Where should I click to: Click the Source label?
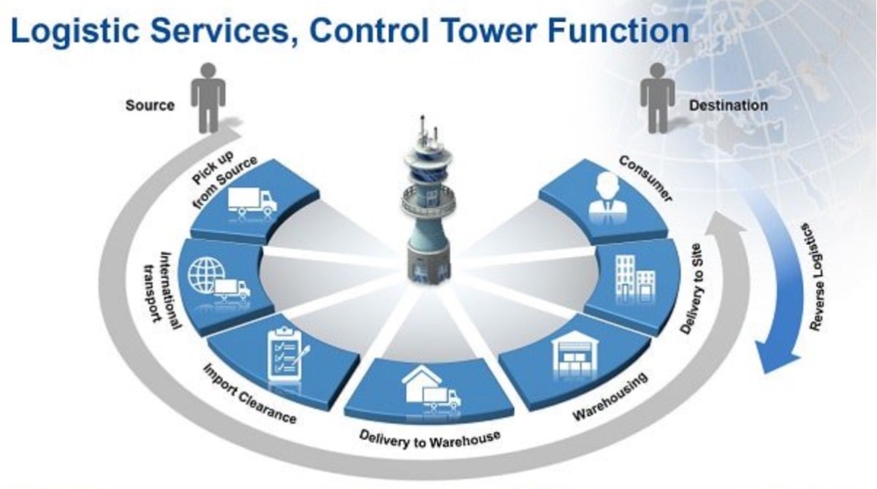tap(150, 105)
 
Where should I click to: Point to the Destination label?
tap(728, 105)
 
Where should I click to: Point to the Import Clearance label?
tap(249, 393)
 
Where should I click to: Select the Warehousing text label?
tap(611, 398)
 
